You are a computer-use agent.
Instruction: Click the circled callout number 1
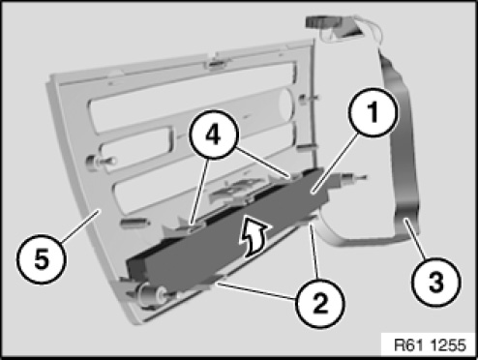point(373,111)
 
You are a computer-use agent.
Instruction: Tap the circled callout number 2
point(319,304)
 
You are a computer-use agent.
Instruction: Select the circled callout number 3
point(436,282)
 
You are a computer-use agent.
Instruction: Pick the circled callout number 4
point(214,135)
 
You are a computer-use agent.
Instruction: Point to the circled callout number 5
point(42,259)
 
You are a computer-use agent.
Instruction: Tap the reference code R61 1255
point(430,345)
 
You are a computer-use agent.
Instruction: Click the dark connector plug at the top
point(321,22)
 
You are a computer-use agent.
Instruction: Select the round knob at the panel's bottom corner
point(150,293)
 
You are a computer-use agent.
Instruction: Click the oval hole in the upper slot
point(286,104)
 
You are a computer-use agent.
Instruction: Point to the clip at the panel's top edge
point(217,64)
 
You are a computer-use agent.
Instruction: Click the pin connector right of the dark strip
point(350,178)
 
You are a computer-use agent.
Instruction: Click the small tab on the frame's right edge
point(305,147)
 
